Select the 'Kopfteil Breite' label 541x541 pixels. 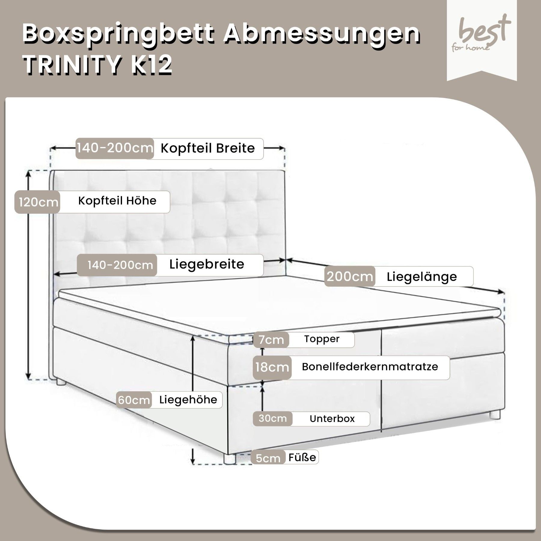tap(208, 148)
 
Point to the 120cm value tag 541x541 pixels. tap(38, 202)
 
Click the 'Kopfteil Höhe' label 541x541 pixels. tap(117, 201)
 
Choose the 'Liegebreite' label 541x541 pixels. tap(207, 264)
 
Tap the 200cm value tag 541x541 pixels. tap(350, 276)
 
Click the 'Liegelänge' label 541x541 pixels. tap(422, 277)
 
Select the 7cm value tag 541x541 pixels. tap(271, 340)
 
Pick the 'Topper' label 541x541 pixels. tap(322, 339)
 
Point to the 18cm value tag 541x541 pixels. tap(272, 367)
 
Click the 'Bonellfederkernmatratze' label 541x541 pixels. tap(370, 367)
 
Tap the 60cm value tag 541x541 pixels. tap(134, 400)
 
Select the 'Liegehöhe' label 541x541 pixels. tap(188, 400)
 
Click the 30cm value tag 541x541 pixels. tap(273, 419)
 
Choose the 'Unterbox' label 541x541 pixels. tap(332, 419)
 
